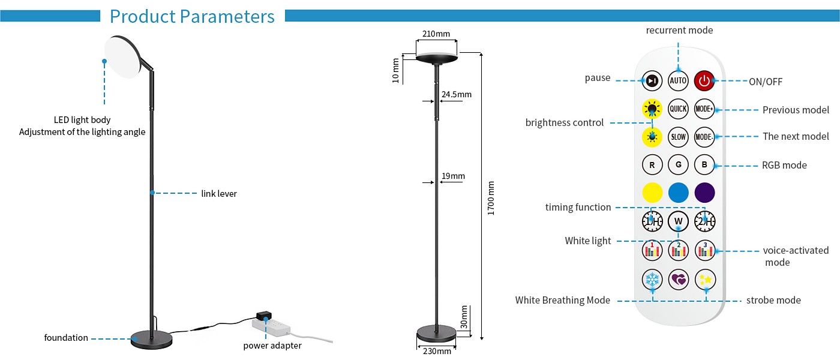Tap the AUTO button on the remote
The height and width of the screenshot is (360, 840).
click(x=678, y=80)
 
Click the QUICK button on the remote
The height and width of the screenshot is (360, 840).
click(x=678, y=109)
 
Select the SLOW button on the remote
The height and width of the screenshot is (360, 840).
click(x=678, y=137)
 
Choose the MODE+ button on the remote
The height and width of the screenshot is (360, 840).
click(x=704, y=109)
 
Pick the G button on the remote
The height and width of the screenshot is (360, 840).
click(x=678, y=164)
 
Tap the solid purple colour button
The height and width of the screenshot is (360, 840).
click(x=704, y=193)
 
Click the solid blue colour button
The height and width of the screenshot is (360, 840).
click(x=679, y=193)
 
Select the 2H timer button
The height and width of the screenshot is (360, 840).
click(x=704, y=221)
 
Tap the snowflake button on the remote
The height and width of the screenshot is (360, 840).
click(x=652, y=280)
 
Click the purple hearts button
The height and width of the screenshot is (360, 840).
click(x=679, y=280)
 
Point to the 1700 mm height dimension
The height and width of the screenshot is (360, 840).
click(x=491, y=198)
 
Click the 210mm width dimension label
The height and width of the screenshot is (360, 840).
click(x=436, y=34)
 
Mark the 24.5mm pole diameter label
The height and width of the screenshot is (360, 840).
click(x=457, y=94)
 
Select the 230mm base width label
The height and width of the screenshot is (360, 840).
click(x=437, y=352)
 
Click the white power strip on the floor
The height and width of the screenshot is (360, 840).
click(x=271, y=326)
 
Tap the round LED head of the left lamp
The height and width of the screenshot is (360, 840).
click(x=122, y=57)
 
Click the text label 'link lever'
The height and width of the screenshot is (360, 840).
click(x=219, y=193)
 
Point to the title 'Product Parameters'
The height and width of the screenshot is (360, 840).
click(x=192, y=17)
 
